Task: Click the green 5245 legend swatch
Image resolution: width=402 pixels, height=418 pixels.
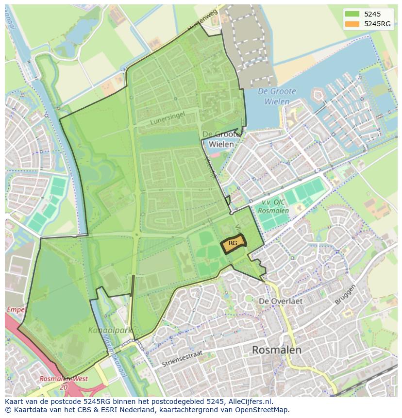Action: [x=352, y=14]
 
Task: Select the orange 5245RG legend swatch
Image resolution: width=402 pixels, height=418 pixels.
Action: [x=352, y=24]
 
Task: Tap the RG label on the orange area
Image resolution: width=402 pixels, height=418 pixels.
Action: [x=233, y=243]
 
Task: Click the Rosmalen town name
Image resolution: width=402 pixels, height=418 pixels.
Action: [x=277, y=350]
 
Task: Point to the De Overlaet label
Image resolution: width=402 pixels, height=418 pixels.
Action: [x=281, y=301]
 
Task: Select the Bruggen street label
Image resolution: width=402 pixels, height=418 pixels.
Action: [x=345, y=295]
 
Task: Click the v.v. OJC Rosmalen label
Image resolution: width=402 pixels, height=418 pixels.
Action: [x=273, y=207]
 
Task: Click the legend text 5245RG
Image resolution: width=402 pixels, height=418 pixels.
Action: [x=377, y=24]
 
